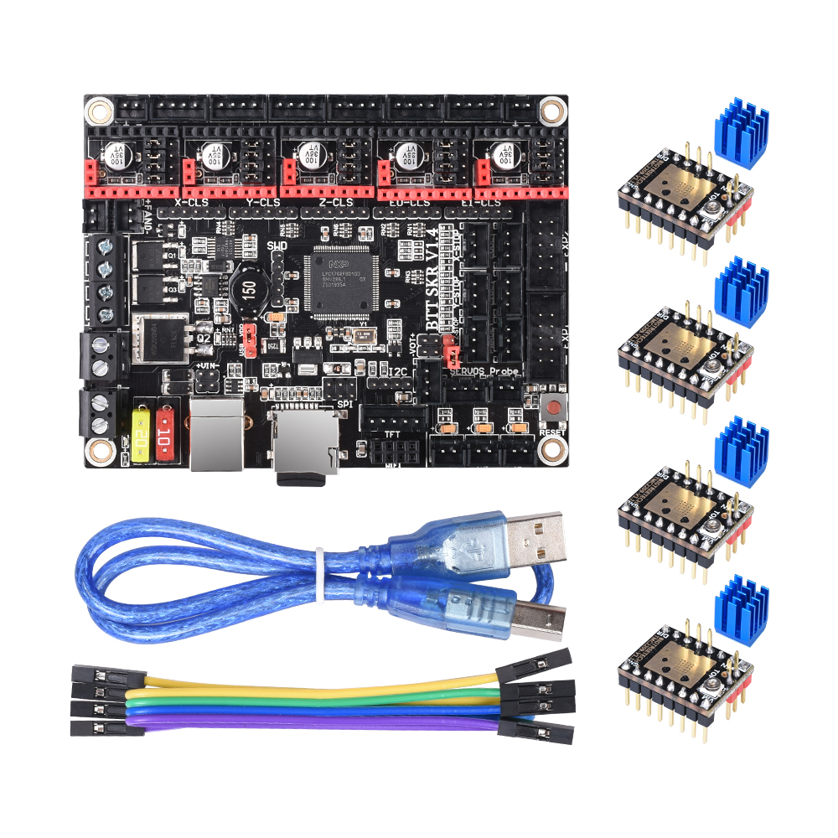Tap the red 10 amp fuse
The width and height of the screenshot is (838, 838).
tap(166, 435)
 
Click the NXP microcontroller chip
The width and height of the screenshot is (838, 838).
tap(342, 281)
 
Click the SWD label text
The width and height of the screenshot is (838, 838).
tap(277, 246)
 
